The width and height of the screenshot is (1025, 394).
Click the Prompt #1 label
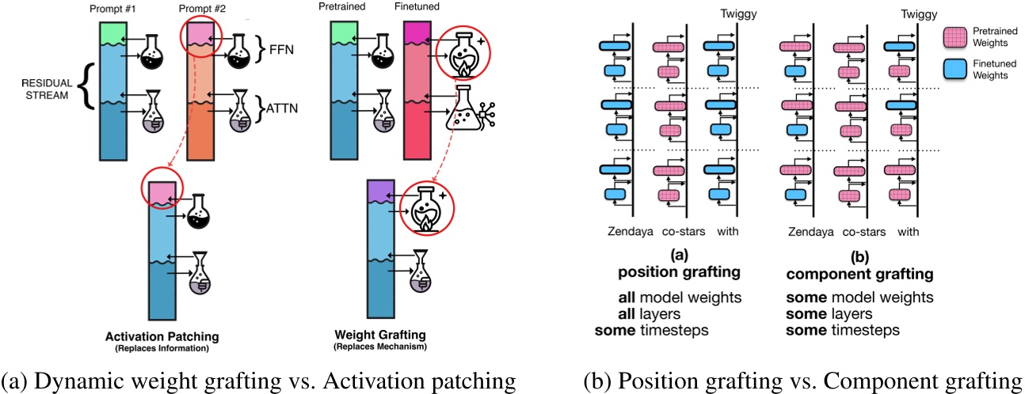113,9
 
